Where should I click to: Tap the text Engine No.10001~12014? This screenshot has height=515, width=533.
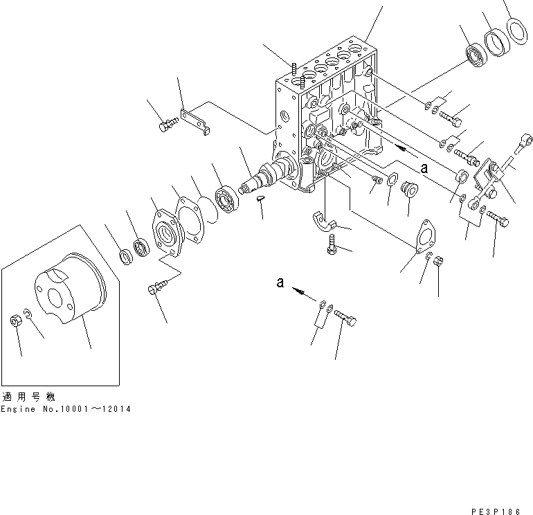[x=65, y=409]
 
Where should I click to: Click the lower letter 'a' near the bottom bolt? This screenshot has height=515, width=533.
[x=280, y=282]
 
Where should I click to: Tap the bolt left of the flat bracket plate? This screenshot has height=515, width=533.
[x=167, y=125]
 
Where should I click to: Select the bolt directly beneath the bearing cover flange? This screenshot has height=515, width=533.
[x=154, y=288]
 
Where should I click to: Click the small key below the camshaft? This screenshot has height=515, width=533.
[x=261, y=198]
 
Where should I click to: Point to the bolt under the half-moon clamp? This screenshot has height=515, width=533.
[x=332, y=244]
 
